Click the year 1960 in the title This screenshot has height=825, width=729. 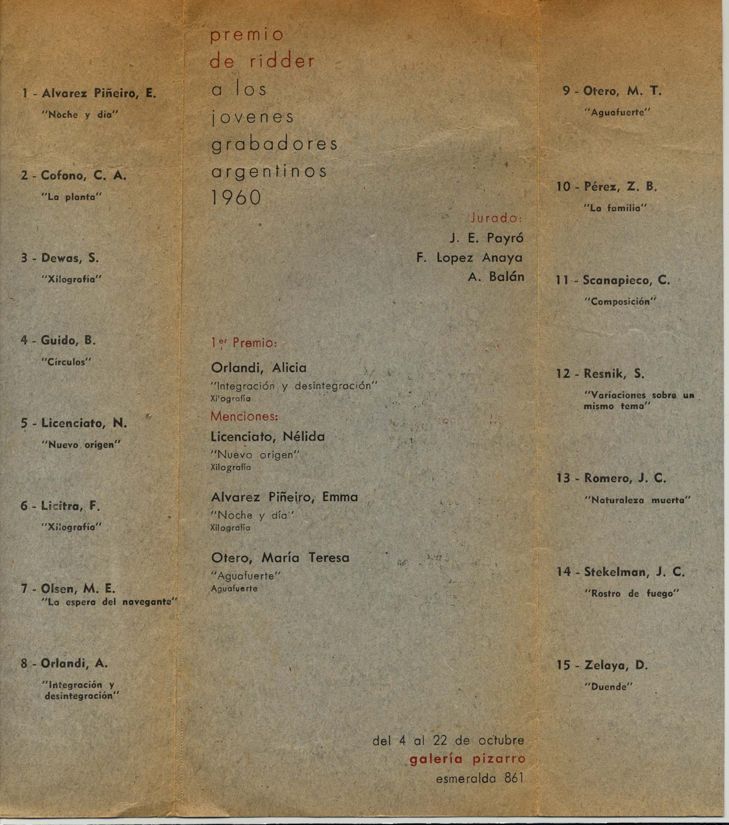tap(236, 198)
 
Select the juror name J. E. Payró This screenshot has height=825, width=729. tap(486, 238)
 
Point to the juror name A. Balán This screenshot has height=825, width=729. tap(496, 277)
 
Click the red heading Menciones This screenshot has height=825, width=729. tap(244, 417)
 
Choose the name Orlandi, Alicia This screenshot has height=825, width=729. tap(259, 368)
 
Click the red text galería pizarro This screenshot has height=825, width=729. tap(467, 759)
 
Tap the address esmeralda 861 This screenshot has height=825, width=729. tap(480, 778)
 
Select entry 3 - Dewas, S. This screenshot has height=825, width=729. tap(60, 258)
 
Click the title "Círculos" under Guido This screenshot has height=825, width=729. tap(66, 362)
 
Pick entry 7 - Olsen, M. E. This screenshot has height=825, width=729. tap(68, 588)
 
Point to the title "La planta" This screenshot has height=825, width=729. tap(71, 197)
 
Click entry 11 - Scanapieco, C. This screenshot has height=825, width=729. tap(613, 280)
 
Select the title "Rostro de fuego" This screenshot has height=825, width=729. tap(632, 594)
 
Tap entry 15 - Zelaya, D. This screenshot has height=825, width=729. tap(602, 665)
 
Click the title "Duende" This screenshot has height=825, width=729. tap(609, 687)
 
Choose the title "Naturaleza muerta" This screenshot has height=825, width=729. tap(637, 500)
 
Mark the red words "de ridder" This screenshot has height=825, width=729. tap(262, 61)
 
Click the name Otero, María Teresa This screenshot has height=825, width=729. tap(280, 558)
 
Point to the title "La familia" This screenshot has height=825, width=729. tap(615, 208)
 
